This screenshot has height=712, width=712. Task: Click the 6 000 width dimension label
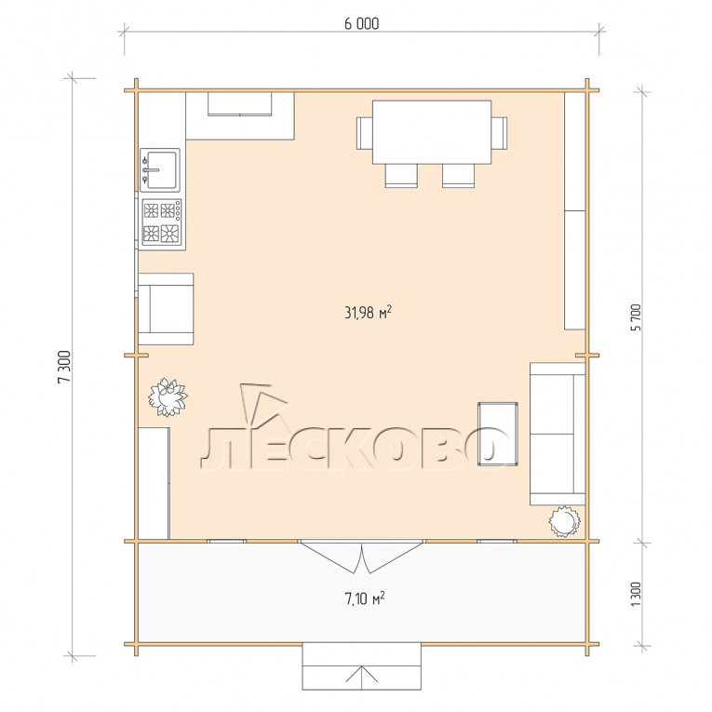coord(361,23)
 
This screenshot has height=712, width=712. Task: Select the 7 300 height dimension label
coord(64,367)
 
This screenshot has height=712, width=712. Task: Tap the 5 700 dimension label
coord(637,317)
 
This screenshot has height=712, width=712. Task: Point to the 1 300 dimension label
coord(636,594)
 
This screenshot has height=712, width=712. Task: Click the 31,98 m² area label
coord(368,313)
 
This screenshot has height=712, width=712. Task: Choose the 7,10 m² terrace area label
coord(365,598)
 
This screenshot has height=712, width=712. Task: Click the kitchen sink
coord(159,169)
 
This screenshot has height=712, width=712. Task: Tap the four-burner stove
coord(162,222)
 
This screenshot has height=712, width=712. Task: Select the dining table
coord(431,131)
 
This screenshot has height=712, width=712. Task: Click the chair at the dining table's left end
coord(364,132)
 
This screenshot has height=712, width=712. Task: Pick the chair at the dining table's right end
coord(499,132)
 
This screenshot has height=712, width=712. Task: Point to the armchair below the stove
coord(166,309)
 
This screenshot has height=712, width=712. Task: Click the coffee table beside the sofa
coord(498,434)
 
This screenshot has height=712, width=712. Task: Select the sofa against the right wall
coord(558,434)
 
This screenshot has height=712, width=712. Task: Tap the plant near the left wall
coord(168,396)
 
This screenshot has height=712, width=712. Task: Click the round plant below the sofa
coord(564,521)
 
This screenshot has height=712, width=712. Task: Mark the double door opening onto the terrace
coord(362,557)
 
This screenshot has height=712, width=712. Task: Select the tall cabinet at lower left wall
coord(154,483)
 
